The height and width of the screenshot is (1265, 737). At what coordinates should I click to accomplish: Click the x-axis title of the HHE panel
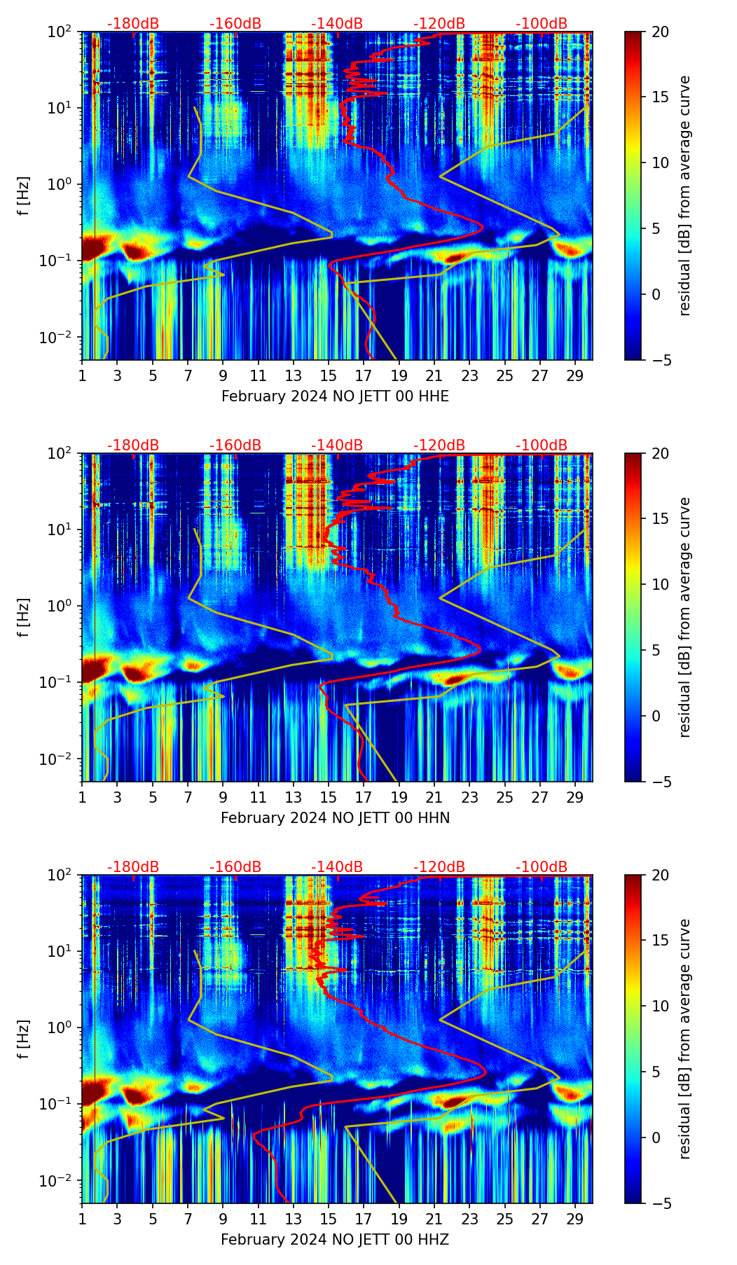(x=335, y=396)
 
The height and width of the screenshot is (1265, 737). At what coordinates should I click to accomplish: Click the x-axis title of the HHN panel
(x=335, y=818)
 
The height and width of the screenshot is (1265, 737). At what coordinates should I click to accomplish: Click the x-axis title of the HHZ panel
(x=335, y=1240)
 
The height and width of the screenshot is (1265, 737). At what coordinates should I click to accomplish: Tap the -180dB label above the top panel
(x=133, y=24)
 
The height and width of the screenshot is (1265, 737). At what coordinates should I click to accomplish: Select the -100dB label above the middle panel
(x=542, y=445)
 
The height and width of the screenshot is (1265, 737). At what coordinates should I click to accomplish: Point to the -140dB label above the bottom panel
(x=337, y=867)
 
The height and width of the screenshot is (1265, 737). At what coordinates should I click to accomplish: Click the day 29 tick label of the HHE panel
(x=575, y=375)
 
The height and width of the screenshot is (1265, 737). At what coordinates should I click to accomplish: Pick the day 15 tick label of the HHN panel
(x=329, y=797)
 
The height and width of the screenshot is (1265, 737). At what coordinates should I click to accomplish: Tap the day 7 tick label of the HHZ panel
(x=188, y=1219)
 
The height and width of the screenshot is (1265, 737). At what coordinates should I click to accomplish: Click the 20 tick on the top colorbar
(x=660, y=32)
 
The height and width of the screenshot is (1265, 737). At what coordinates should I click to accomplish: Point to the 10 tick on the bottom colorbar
(x=660, y=1006)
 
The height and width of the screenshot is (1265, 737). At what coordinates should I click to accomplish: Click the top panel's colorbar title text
(x=684, y=195)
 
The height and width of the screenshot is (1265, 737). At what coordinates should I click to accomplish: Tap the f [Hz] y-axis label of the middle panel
(x=24, y=617)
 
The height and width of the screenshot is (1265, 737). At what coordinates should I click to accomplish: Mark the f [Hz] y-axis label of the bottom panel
(x=24, y=1039)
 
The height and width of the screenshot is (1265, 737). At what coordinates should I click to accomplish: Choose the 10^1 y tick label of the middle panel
(x=64, y=530)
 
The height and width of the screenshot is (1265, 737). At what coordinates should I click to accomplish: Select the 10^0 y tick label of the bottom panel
(x=64, y=1028)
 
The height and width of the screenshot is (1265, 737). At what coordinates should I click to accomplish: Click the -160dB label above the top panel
(x=235, y=24)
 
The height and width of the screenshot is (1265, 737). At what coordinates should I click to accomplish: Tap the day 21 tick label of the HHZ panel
(x=434, y=1219)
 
